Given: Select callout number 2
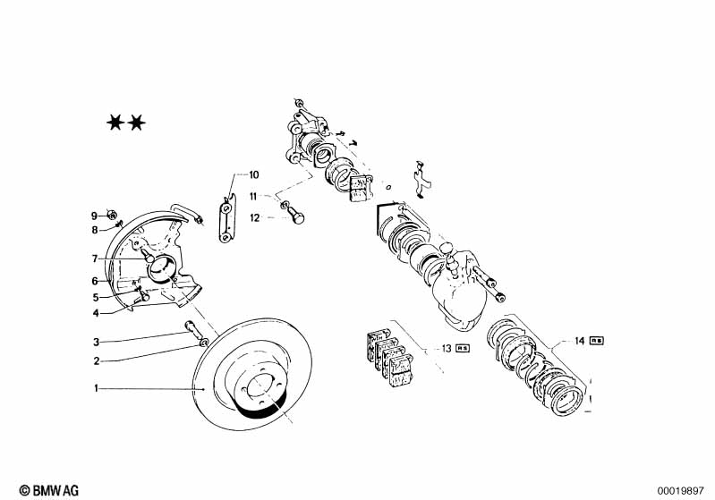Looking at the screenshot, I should (97, 361).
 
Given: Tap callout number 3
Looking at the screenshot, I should (97, 342).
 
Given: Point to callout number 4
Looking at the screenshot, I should (97, 313).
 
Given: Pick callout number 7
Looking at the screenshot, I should (94, 259).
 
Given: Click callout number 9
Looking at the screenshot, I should (94, 216).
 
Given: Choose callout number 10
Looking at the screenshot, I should (253, 175).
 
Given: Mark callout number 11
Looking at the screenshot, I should (253, 197).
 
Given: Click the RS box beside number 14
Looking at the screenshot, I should (596, 341).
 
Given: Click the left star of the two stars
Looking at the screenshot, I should (115, 122).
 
